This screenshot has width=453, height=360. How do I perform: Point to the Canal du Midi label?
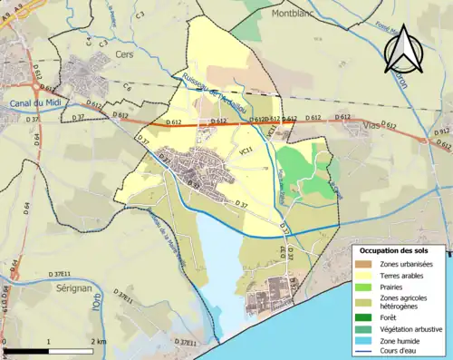(x=29, y=102)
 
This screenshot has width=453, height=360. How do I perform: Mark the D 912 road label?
(x=441, y=134)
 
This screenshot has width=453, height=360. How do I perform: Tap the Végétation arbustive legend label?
(x=410, y=327)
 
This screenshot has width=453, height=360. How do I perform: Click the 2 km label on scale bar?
(x=99, y=341)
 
